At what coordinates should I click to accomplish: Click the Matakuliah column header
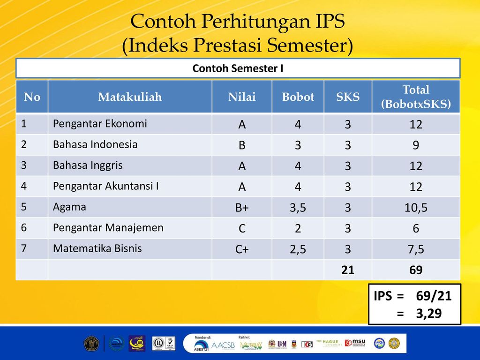coord(130,97)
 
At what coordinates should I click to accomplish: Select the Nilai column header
coord(242,97)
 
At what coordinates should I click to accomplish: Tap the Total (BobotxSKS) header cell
coord(416,97)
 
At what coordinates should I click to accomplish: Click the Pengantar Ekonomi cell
coord(100,124)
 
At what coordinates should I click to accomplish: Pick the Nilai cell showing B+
coord(242,208)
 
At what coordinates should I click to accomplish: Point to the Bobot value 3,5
coord(298,208)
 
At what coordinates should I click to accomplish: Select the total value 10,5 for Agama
coord(416,208)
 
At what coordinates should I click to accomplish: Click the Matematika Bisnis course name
coord(97,248)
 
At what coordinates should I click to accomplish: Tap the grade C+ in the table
coord(242,249)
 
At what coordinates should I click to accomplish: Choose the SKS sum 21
coord(347,270)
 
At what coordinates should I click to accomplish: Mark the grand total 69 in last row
coord(416,270)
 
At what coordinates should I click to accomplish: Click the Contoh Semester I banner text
coord(238,68)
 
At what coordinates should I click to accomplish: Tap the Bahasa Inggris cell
coord(88,165)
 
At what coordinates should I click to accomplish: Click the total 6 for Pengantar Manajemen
coord(416,228)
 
